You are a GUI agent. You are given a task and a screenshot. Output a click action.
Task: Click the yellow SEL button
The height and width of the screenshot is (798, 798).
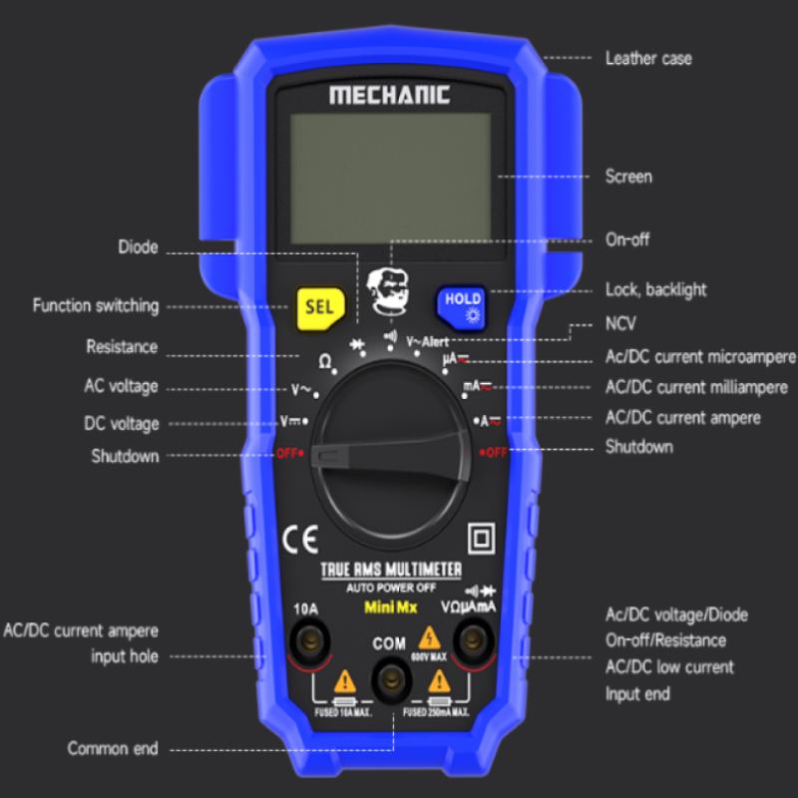319,307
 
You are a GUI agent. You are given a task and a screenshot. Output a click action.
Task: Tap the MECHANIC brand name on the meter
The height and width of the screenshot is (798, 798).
390,96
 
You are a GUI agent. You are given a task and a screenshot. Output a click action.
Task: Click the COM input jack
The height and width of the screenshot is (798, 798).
389,678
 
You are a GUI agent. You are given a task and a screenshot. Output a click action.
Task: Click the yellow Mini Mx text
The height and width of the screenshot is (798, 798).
390,605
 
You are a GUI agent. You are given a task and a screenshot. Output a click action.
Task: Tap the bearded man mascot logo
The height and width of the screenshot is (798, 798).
390,291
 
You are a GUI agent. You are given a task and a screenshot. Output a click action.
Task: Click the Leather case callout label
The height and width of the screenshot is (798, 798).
648,59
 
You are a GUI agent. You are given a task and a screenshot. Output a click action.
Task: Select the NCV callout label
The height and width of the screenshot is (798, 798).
620,324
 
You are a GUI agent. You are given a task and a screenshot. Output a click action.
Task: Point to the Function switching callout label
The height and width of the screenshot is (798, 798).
96,306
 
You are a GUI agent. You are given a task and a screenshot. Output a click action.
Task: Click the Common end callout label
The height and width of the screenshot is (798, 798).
113,748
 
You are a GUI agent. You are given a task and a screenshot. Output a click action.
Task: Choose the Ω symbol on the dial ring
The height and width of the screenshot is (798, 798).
325,360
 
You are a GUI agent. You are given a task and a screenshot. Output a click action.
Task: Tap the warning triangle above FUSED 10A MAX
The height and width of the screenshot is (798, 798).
345,683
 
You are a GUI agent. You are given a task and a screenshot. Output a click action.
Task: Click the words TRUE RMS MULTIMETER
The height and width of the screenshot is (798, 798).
390,570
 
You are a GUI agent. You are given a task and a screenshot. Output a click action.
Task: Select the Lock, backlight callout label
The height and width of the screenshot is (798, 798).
656,290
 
